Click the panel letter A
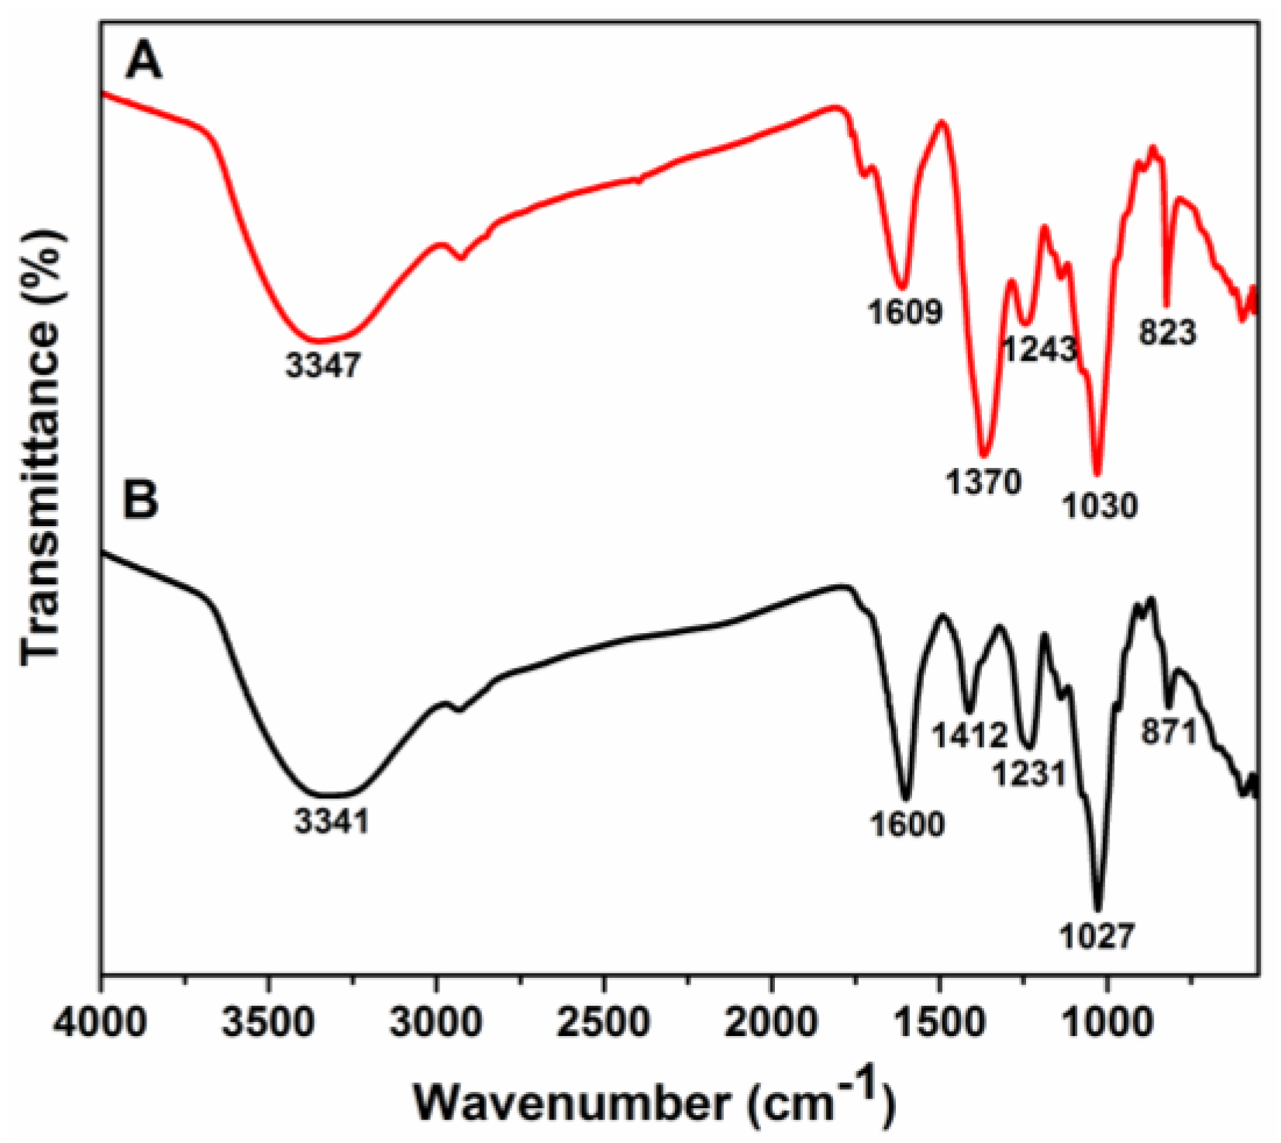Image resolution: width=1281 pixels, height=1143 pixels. point(144,61)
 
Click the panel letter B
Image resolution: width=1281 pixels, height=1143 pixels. point(141,499)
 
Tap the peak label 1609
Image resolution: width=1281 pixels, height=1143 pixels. point(904,312)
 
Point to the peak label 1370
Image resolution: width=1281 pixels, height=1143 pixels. point(983,483)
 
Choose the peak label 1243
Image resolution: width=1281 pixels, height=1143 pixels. point(1040,349)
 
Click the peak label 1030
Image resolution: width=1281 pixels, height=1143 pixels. point(1099,506)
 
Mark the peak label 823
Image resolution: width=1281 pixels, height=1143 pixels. point(1168,332)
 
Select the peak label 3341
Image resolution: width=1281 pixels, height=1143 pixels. point(332,821)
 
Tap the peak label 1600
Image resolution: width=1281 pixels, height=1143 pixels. point(907,824)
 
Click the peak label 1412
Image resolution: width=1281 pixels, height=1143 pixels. point(969,735)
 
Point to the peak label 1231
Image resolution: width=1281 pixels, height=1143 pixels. point(1030,773)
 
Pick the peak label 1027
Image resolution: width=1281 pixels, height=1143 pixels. point(1097,937)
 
